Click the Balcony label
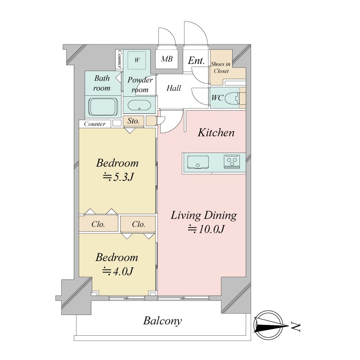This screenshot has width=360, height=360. point(162,321)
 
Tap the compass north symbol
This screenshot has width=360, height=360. point(269,325)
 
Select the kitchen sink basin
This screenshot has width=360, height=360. point(198,162)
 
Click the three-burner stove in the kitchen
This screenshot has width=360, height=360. point(232,162)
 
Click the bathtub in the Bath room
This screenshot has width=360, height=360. point(103,107)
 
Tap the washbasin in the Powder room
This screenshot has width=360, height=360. point(139,105)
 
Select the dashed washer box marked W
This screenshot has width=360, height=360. point(137,60)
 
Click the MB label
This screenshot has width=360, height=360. point(166,59)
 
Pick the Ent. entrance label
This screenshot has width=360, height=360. point(196,61)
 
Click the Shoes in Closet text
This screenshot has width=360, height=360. point(221,67)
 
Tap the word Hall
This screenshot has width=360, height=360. point(174,88)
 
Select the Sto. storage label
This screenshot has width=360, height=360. point(133,121)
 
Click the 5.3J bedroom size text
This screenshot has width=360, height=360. point(117,177)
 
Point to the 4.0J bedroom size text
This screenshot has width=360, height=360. point(117,271)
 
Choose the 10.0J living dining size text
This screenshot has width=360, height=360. point(206,229)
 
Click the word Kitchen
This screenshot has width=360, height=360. point(216,132)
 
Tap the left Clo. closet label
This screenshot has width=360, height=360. point(98,224)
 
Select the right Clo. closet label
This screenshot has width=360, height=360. point(139,224)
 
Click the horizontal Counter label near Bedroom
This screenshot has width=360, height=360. point(94,124)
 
